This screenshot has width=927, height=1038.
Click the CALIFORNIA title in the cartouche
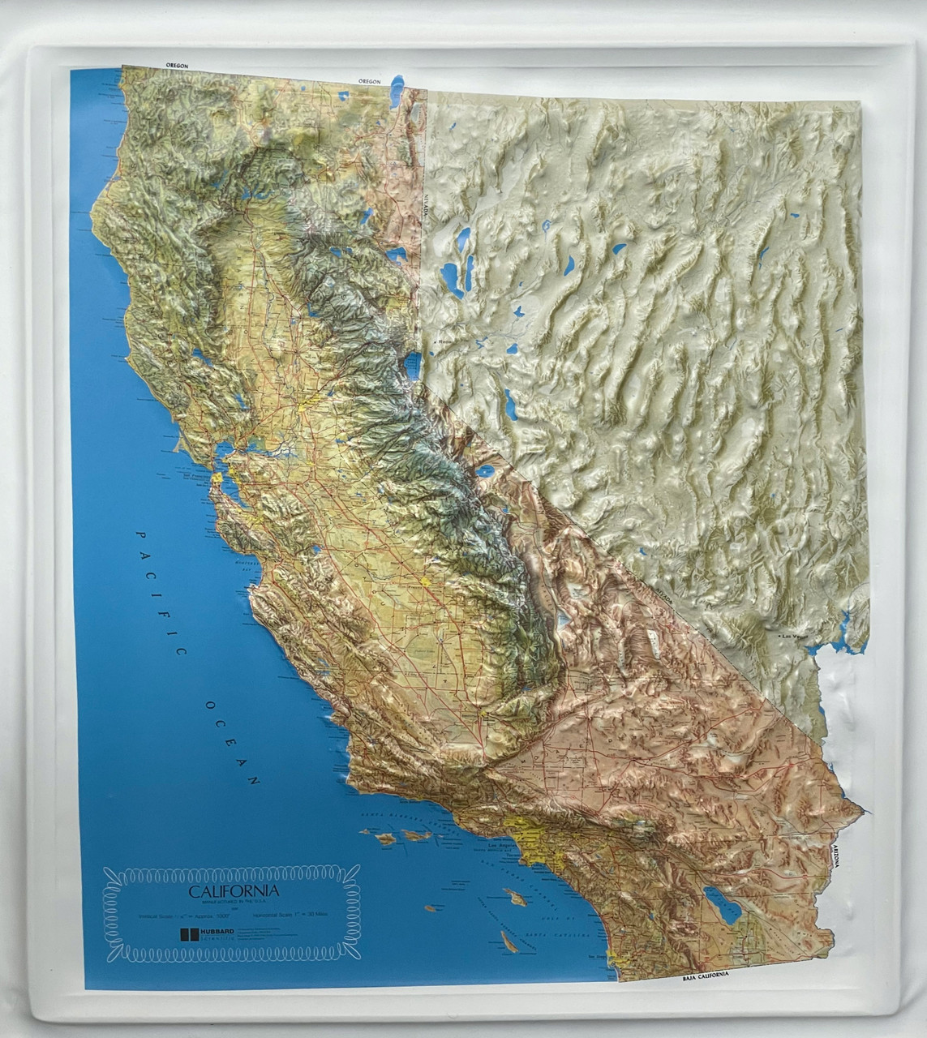234,890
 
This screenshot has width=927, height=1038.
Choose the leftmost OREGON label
176,64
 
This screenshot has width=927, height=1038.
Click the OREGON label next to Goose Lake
370,81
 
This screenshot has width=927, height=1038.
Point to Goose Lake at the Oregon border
396,90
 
